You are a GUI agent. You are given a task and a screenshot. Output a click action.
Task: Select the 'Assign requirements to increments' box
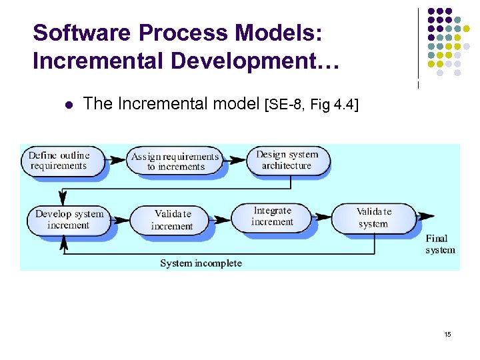click(175, 161)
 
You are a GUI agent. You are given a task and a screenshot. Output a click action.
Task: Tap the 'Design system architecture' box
click(287, 160)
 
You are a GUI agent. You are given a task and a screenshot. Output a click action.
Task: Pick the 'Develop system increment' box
click(69, 219)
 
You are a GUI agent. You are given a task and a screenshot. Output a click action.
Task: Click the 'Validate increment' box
click(172, 220)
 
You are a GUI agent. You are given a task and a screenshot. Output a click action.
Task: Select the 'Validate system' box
click(373, 218)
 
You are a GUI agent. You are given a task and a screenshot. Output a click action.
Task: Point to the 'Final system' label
click(440, 244)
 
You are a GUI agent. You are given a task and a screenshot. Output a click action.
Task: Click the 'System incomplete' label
click(201, 263)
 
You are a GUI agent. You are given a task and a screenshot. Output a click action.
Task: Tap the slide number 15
click(447, 333)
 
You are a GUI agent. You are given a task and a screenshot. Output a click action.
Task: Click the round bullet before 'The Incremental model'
click(67, 104)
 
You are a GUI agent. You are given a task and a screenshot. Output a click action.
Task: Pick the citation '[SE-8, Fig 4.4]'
click(311, 105)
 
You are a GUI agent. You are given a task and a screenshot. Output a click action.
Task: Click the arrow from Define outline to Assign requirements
click(117, 159)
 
